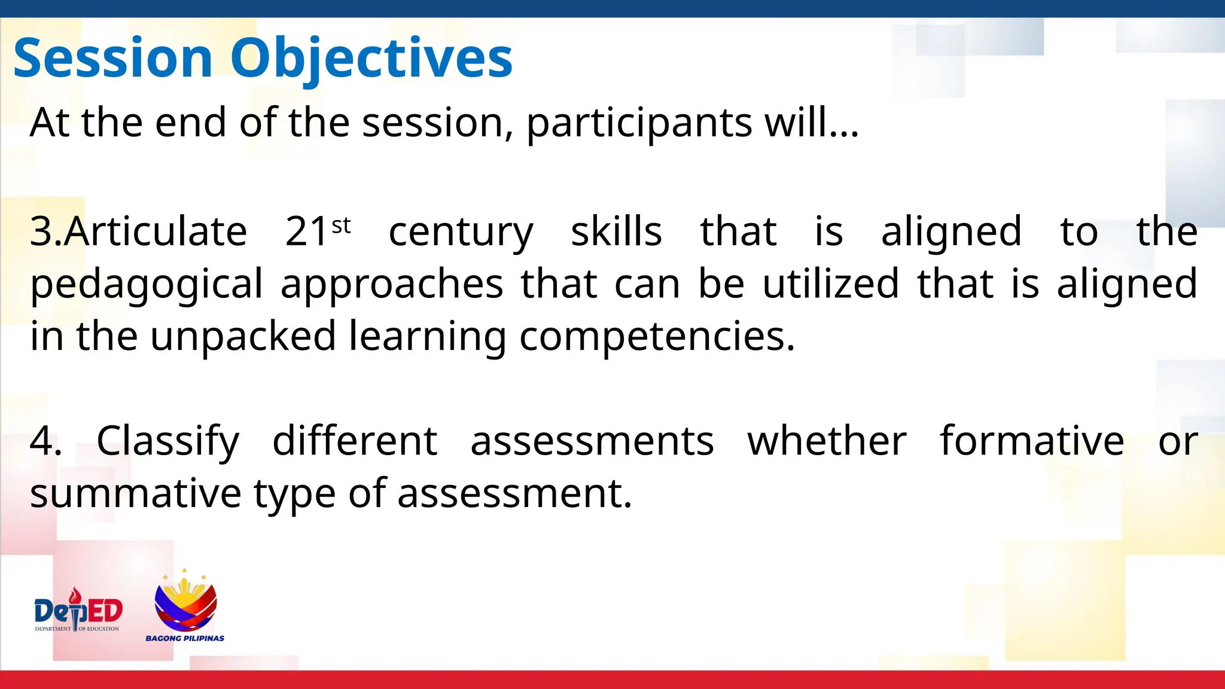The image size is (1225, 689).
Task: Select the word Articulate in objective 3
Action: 156,231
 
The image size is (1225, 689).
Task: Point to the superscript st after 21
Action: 341,225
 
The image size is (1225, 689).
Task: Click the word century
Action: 461,233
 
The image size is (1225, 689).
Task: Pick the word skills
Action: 616,231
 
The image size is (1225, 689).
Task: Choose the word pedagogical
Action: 147,285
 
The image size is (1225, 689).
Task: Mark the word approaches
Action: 392,285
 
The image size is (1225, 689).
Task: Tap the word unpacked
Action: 243,336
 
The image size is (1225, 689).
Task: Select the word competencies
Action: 657,337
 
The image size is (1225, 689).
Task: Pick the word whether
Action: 827,441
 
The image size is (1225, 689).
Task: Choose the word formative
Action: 1032,441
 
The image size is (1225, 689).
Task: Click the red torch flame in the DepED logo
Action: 75,596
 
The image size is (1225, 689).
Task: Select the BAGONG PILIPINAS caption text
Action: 185,638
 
